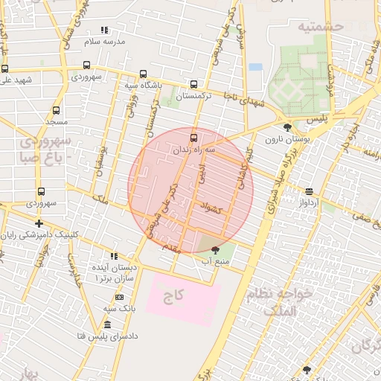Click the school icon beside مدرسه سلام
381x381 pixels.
tap(105, 31)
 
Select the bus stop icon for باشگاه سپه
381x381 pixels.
tap(143, 74)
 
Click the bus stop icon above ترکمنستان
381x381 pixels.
tap(193, 85)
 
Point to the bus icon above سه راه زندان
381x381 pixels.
tap(193, 138)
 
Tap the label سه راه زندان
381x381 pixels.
tap(194, 150)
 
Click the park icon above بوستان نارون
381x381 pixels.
tap(287, 127)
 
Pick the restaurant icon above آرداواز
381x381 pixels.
tap(309, 190)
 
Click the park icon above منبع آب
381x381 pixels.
tap(216, 250)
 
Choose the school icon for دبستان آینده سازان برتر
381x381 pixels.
tap(113, 256)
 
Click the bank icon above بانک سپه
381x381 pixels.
tap(119, 297)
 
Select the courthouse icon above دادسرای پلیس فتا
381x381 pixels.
tap(108, 325)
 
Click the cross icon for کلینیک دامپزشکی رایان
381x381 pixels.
tap(38, 223)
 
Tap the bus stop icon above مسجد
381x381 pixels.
tap(56, 109)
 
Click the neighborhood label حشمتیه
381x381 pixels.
tap(320, 26)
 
